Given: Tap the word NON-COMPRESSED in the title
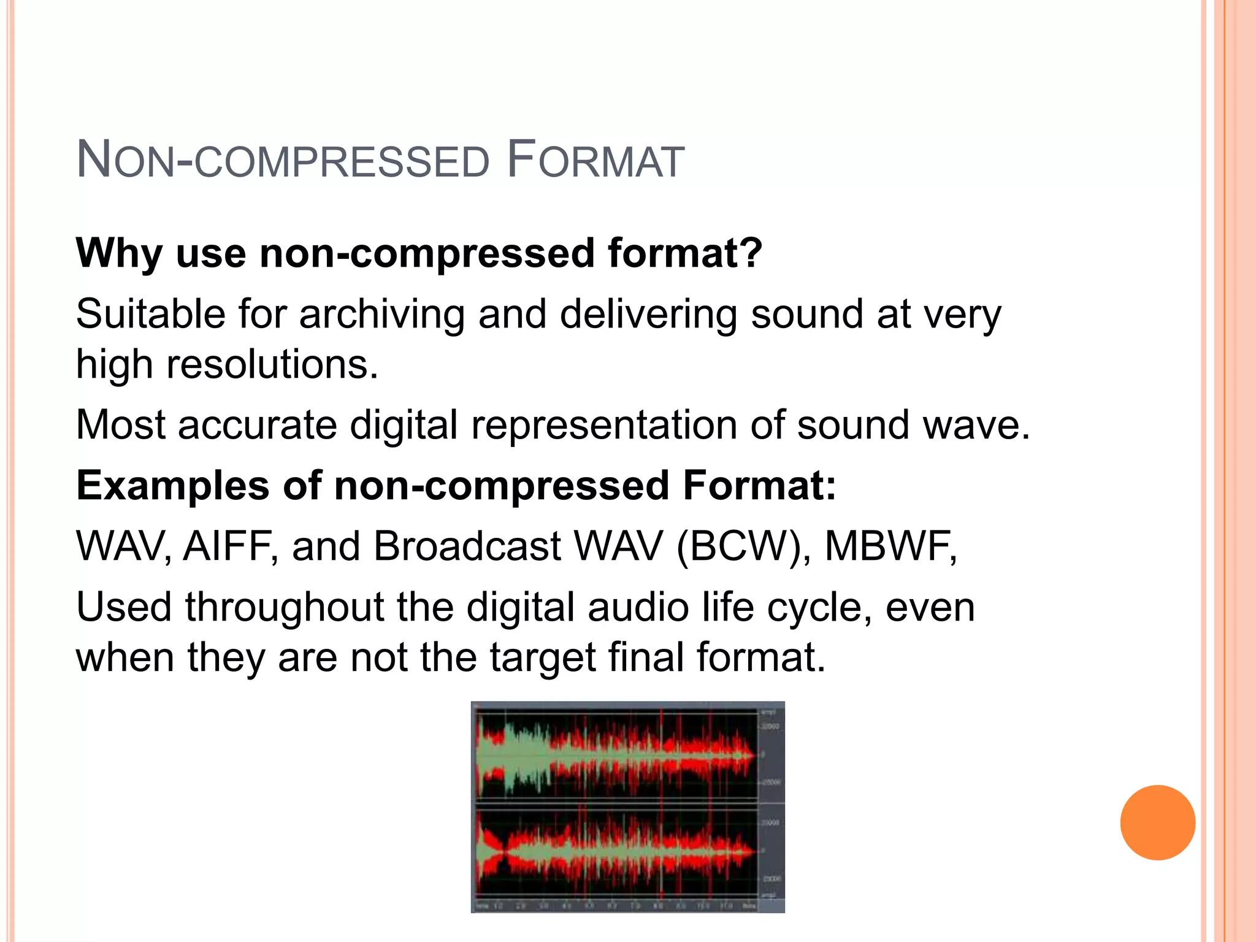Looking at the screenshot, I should (x=282, y=161).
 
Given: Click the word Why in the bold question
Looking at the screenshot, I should (x=118, y=253).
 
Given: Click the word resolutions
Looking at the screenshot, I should (x=272, y=364).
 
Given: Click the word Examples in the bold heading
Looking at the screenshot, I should (x=172, y=485).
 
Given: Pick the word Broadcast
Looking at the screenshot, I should (x=467, y=546).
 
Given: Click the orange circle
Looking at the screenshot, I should (x=1157, y=822).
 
